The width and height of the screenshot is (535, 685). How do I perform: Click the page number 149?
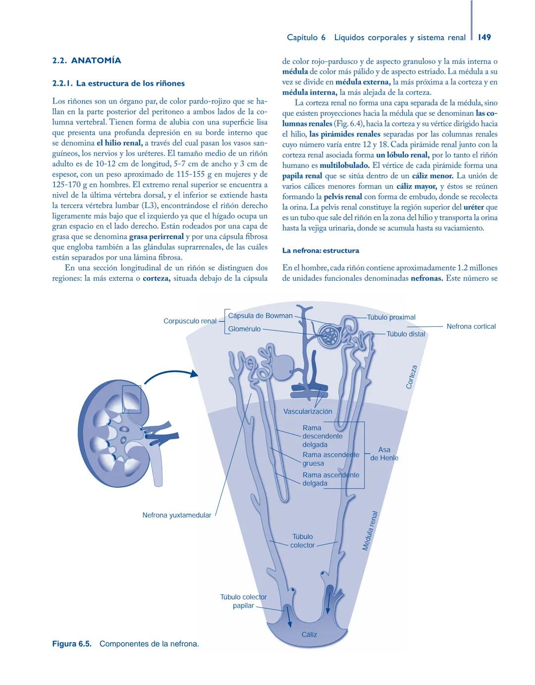[x=484, y=37]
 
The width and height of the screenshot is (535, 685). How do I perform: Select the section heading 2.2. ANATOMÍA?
[x=87, y=60]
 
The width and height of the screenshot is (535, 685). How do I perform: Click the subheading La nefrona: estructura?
[x=321, y=251]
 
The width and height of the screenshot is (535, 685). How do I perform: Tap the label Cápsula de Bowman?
[x=260, y=316]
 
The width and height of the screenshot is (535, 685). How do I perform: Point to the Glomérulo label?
[x=244, y=329]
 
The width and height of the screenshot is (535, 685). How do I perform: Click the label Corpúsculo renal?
[x=190, y=321]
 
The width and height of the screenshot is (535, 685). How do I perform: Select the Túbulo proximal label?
[x=391, y=317]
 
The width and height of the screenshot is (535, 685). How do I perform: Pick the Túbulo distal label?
[x=406, y=334]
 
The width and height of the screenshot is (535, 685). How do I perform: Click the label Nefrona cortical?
[x=471, y=326]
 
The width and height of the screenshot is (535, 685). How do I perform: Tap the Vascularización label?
[x=308, y=411]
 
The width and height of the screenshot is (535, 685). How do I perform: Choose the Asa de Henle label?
[x=384, y=454]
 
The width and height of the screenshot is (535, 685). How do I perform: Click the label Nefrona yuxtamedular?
[x=176, y=515]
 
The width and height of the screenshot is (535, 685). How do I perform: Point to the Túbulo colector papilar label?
[x=243, y=601]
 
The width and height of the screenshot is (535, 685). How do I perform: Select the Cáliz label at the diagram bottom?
[x=309, y=634]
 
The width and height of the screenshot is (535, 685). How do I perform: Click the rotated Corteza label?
[x=412, y=377]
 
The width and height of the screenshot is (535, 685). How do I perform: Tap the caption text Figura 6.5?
[x=72, y=644]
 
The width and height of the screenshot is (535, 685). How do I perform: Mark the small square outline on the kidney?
[x=131, y=399]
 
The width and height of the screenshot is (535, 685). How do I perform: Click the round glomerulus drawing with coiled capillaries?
[x=328, y=335]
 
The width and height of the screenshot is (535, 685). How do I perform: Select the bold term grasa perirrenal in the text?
[x=156, y=237]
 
